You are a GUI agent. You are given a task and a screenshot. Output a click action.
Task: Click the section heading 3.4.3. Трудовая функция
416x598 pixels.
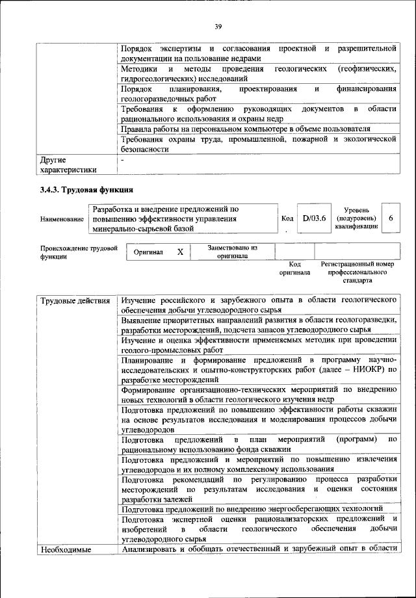[x=88, y=190]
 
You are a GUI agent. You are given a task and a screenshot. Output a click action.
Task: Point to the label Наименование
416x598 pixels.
[x=62, y=220]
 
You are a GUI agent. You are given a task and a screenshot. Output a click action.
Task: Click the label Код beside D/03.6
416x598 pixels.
[x=287, y=219]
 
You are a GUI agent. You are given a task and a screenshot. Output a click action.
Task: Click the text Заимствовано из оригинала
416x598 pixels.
[x=233, y=252]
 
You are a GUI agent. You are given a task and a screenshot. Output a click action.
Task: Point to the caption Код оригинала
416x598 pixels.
[x=294, y=269]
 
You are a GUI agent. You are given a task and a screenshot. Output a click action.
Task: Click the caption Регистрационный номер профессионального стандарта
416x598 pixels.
[x=358, y=273]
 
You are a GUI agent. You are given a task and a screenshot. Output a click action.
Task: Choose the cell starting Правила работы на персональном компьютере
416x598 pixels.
[x=246, y=129]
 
